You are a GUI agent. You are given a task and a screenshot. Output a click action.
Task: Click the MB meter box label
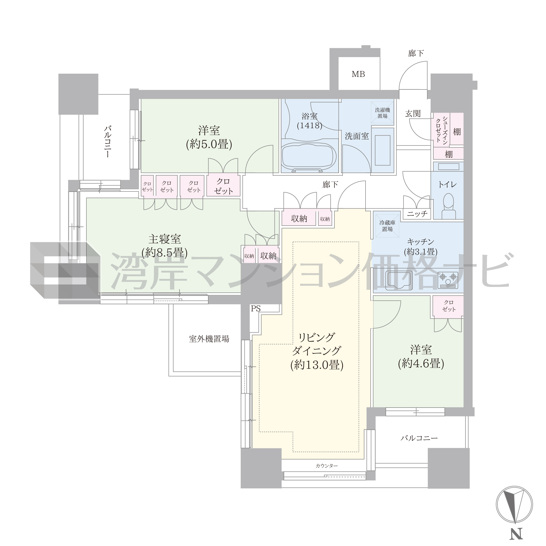tap(358, 74)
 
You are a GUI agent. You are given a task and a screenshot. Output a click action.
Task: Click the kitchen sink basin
tap(399, 280)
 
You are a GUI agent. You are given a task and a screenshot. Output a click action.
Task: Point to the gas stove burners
tap(448, 280)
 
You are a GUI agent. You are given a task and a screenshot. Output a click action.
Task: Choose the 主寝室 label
tap(164, 239)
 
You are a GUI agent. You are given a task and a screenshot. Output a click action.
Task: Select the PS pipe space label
tap(255, 309)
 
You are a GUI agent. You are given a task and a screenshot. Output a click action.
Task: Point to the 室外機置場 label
tap(209, 339)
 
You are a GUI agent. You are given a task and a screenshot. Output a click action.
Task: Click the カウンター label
tap(327, 466)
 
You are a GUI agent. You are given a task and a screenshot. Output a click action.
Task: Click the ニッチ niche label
tap(417, 214)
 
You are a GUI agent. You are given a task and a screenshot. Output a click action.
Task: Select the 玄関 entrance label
tap(413, 114)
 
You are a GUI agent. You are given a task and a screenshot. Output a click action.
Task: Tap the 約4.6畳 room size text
tap(421, 363)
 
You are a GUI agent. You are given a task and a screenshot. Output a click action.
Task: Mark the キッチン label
tap(421, 242)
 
